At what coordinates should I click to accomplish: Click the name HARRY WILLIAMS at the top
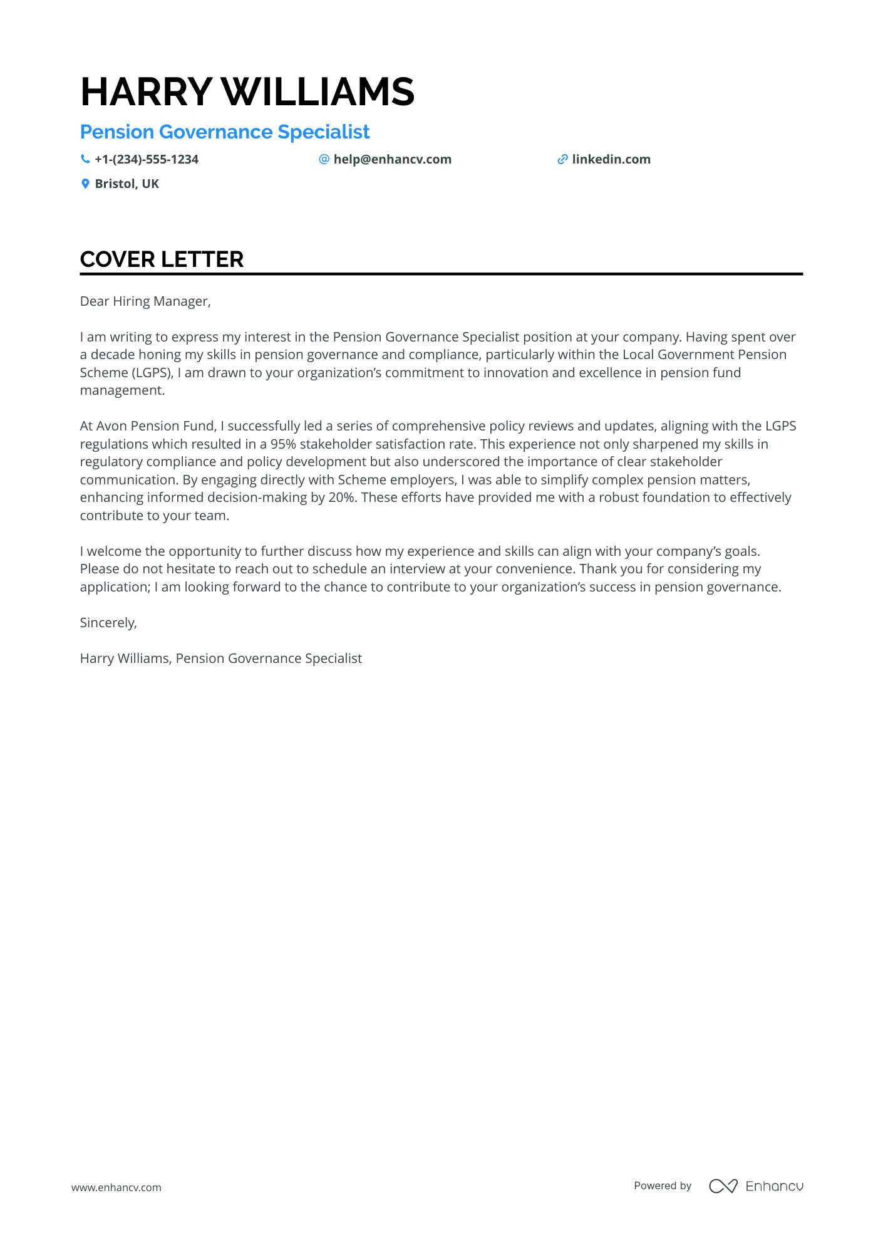[x=247, y=91]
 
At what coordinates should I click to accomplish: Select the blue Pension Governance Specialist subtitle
[x=225, y=132]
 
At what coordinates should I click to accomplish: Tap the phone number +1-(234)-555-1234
[x=147, y=160]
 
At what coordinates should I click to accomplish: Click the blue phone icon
[x=85, y=159]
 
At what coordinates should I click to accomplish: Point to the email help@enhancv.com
[x=392, y=160]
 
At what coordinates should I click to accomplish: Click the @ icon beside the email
[x=324, y=159]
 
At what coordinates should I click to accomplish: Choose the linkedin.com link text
[x=611, y=160]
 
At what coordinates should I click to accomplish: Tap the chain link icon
[x=562, y=160]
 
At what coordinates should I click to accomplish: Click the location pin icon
[x=85, y=184]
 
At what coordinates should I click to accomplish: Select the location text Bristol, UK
[x=127, y=184]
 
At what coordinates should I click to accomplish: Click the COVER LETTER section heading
[x=162, y=259]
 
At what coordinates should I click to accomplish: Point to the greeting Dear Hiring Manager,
[x=145, y=301]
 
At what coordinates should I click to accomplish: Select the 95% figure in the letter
[x=283, y=444]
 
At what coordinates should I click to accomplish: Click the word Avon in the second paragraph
[x=111, y=426]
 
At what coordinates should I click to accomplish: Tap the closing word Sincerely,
[x=108, y=623]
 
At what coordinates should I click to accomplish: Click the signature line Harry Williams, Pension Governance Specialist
[x=221, y=659]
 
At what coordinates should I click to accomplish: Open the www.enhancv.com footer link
[x=116, y=1187]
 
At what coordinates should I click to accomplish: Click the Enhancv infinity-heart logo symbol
[x=723, y=1186]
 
